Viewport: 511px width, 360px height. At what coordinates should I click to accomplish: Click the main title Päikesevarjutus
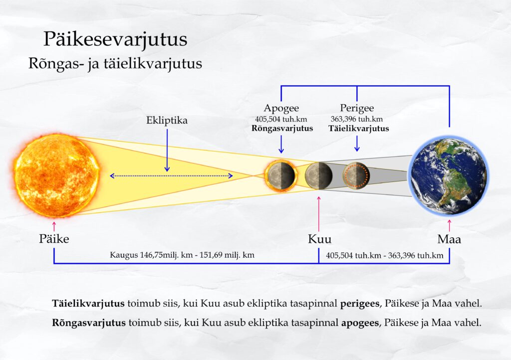[115, 40]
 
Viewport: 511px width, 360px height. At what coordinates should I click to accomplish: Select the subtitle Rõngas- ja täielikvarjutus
[115, 64]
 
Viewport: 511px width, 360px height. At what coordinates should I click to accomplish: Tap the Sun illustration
[56, 175]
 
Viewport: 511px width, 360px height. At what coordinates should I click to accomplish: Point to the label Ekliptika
[167, 121]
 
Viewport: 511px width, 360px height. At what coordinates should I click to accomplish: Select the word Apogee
[281, 108]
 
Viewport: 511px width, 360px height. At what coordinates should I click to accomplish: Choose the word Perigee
[357, 108]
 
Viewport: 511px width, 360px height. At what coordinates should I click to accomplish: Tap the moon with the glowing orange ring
[280, 176]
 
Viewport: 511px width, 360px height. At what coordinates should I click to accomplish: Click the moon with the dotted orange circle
[356, 176]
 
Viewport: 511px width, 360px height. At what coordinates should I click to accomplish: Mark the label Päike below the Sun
[54, 239]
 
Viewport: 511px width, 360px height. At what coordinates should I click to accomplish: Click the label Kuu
[320, 239]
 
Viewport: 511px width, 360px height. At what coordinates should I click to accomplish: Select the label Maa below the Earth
[449, 239]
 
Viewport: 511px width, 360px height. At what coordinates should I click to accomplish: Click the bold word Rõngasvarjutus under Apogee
[282, 129]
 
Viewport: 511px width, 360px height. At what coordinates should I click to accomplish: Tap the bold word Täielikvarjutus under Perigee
[358, 129]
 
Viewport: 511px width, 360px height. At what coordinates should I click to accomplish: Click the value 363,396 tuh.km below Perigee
[357, 119]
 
